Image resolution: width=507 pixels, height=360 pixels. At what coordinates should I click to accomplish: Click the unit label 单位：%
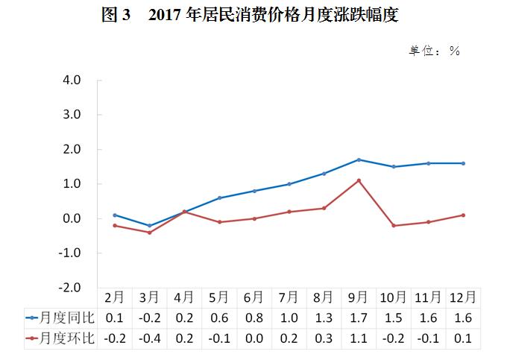click(x=433, y=51)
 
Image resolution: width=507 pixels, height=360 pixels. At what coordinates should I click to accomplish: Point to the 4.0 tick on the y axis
click(x=72, y=80)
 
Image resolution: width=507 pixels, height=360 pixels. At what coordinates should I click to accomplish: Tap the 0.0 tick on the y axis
click(x=72, y=218)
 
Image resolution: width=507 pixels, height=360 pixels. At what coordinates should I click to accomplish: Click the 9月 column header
click(x=359, y=297)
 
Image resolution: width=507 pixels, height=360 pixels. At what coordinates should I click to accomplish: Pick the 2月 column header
click(x=114, y=297)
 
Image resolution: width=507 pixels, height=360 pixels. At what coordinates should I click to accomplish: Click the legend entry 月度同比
click(x=60, y=318)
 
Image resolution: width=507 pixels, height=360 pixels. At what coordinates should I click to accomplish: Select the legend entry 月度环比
click(x=60, y=339)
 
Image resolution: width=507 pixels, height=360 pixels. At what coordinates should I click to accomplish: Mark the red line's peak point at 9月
click(x=359, y=180)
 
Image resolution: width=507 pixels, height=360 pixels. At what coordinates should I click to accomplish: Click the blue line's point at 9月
click(x=359, y=160)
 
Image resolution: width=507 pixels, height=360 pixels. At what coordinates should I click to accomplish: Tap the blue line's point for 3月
click(x=149, y=225)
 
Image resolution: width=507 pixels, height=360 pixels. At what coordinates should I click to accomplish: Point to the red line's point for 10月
click(x=394, y=225)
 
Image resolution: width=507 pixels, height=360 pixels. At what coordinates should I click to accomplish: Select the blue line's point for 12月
click(x=463, y=163)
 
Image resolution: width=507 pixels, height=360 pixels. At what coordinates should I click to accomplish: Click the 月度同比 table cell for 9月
click(x=359, y=318)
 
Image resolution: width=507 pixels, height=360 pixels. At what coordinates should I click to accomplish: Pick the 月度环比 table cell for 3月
click(x=149, y=339)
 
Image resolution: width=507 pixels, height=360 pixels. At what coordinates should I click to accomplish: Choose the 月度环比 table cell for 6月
click(x=253, y=339)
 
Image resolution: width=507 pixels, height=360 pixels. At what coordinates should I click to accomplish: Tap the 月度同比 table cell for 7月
click(x=289, y=318)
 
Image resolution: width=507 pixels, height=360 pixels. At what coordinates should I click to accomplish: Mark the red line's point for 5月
click(x=219, y=222)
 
